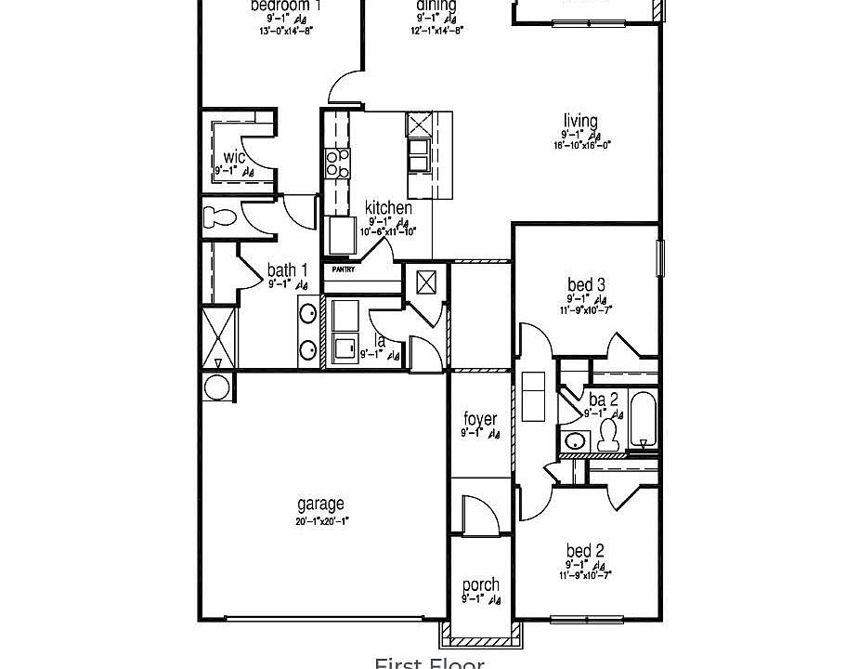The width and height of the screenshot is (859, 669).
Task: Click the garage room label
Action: point(320,505)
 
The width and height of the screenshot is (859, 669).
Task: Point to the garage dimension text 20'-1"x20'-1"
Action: point(322,520)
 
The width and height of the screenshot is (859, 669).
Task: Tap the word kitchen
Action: point(388,207)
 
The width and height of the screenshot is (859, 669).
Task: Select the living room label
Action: point(580,121)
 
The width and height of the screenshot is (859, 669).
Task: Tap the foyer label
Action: point(479,419)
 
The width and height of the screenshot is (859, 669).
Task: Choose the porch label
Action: point(480,585)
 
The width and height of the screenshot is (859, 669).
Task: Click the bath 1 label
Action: point(287,270)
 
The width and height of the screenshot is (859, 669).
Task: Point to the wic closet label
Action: point(234,157)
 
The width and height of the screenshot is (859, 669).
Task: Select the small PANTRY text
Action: point(338,269)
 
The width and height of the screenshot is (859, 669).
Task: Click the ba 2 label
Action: point(597,399)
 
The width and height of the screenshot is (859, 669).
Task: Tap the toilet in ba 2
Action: point(609,435)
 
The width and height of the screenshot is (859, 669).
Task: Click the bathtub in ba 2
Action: point(643,420)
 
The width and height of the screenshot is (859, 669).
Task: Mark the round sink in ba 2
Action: point(576,440)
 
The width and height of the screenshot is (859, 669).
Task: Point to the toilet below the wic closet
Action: point(220,218)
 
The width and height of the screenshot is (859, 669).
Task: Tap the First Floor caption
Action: point(429,662)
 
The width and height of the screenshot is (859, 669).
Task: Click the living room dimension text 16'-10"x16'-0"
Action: point(582,145)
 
